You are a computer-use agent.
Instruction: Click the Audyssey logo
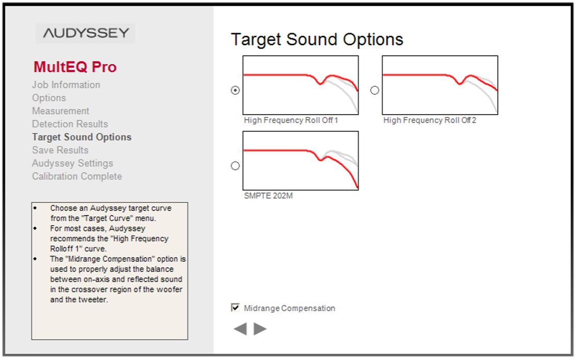[86, 33]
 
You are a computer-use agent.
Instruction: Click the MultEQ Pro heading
[75, 67]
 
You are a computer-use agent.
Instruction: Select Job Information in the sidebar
[66, 85]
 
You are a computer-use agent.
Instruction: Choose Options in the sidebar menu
[49, 98]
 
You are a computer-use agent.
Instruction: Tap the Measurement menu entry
[61, 111]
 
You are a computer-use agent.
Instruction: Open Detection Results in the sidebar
[70, 124]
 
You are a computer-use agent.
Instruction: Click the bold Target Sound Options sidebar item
[82, 137]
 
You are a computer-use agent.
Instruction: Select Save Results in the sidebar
[60, 150]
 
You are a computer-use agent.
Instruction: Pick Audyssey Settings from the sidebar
[72, 163]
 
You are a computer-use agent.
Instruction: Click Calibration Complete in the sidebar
[77, 176]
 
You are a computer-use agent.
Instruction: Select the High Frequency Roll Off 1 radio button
[235, 90]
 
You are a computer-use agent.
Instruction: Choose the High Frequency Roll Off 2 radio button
[374, 90]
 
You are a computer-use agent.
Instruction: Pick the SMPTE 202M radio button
[235, 166]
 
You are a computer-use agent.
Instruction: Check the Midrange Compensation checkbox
[235, 307]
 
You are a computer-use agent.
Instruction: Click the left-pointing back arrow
[241, 329]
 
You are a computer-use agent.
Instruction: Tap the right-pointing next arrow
[260, 329]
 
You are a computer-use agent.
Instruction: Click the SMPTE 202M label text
[268, 196]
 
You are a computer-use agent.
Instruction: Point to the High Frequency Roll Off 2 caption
[430, 120]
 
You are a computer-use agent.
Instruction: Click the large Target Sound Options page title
[317, 40]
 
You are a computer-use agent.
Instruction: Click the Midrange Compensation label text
[289, 308]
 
